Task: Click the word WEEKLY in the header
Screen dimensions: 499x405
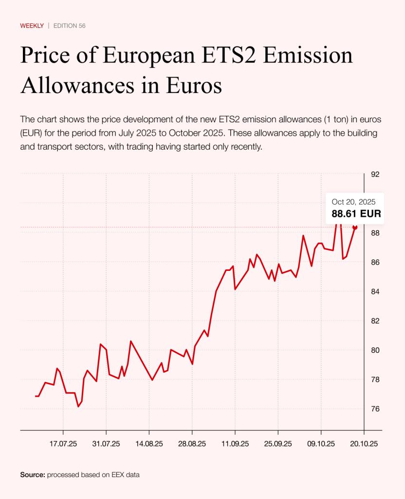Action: click(x=32, y=25)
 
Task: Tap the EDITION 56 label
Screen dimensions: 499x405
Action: click(x=70, y=25)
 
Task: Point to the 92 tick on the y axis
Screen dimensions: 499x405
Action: click(x=375, y=174)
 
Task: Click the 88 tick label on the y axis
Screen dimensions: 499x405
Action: click(x=375, y=233)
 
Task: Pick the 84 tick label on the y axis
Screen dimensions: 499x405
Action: click(x=375, y=291)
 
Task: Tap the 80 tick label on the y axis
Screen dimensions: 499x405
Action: click(x=375, y=350)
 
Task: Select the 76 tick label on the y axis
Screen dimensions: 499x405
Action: click(x=375, y=408)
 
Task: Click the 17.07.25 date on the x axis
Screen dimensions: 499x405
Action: click(x=64, y=444)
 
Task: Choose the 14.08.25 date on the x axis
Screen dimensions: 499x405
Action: click(x=149, y=444)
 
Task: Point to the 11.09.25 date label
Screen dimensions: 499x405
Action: click(x=235, y=444)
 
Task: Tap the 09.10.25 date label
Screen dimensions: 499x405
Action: click(x=321, y=444)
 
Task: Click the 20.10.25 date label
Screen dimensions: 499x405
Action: click(x=364, y=444)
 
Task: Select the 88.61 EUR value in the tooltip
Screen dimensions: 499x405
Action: click(x=356, y=213)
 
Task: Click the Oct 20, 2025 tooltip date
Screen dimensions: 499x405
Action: click(x=353, y=202)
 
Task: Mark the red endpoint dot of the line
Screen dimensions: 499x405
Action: click(x=355, y=227)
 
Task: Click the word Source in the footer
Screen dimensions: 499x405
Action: click(x=32, y=474)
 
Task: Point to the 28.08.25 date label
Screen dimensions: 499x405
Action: click(x=192, y=444)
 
